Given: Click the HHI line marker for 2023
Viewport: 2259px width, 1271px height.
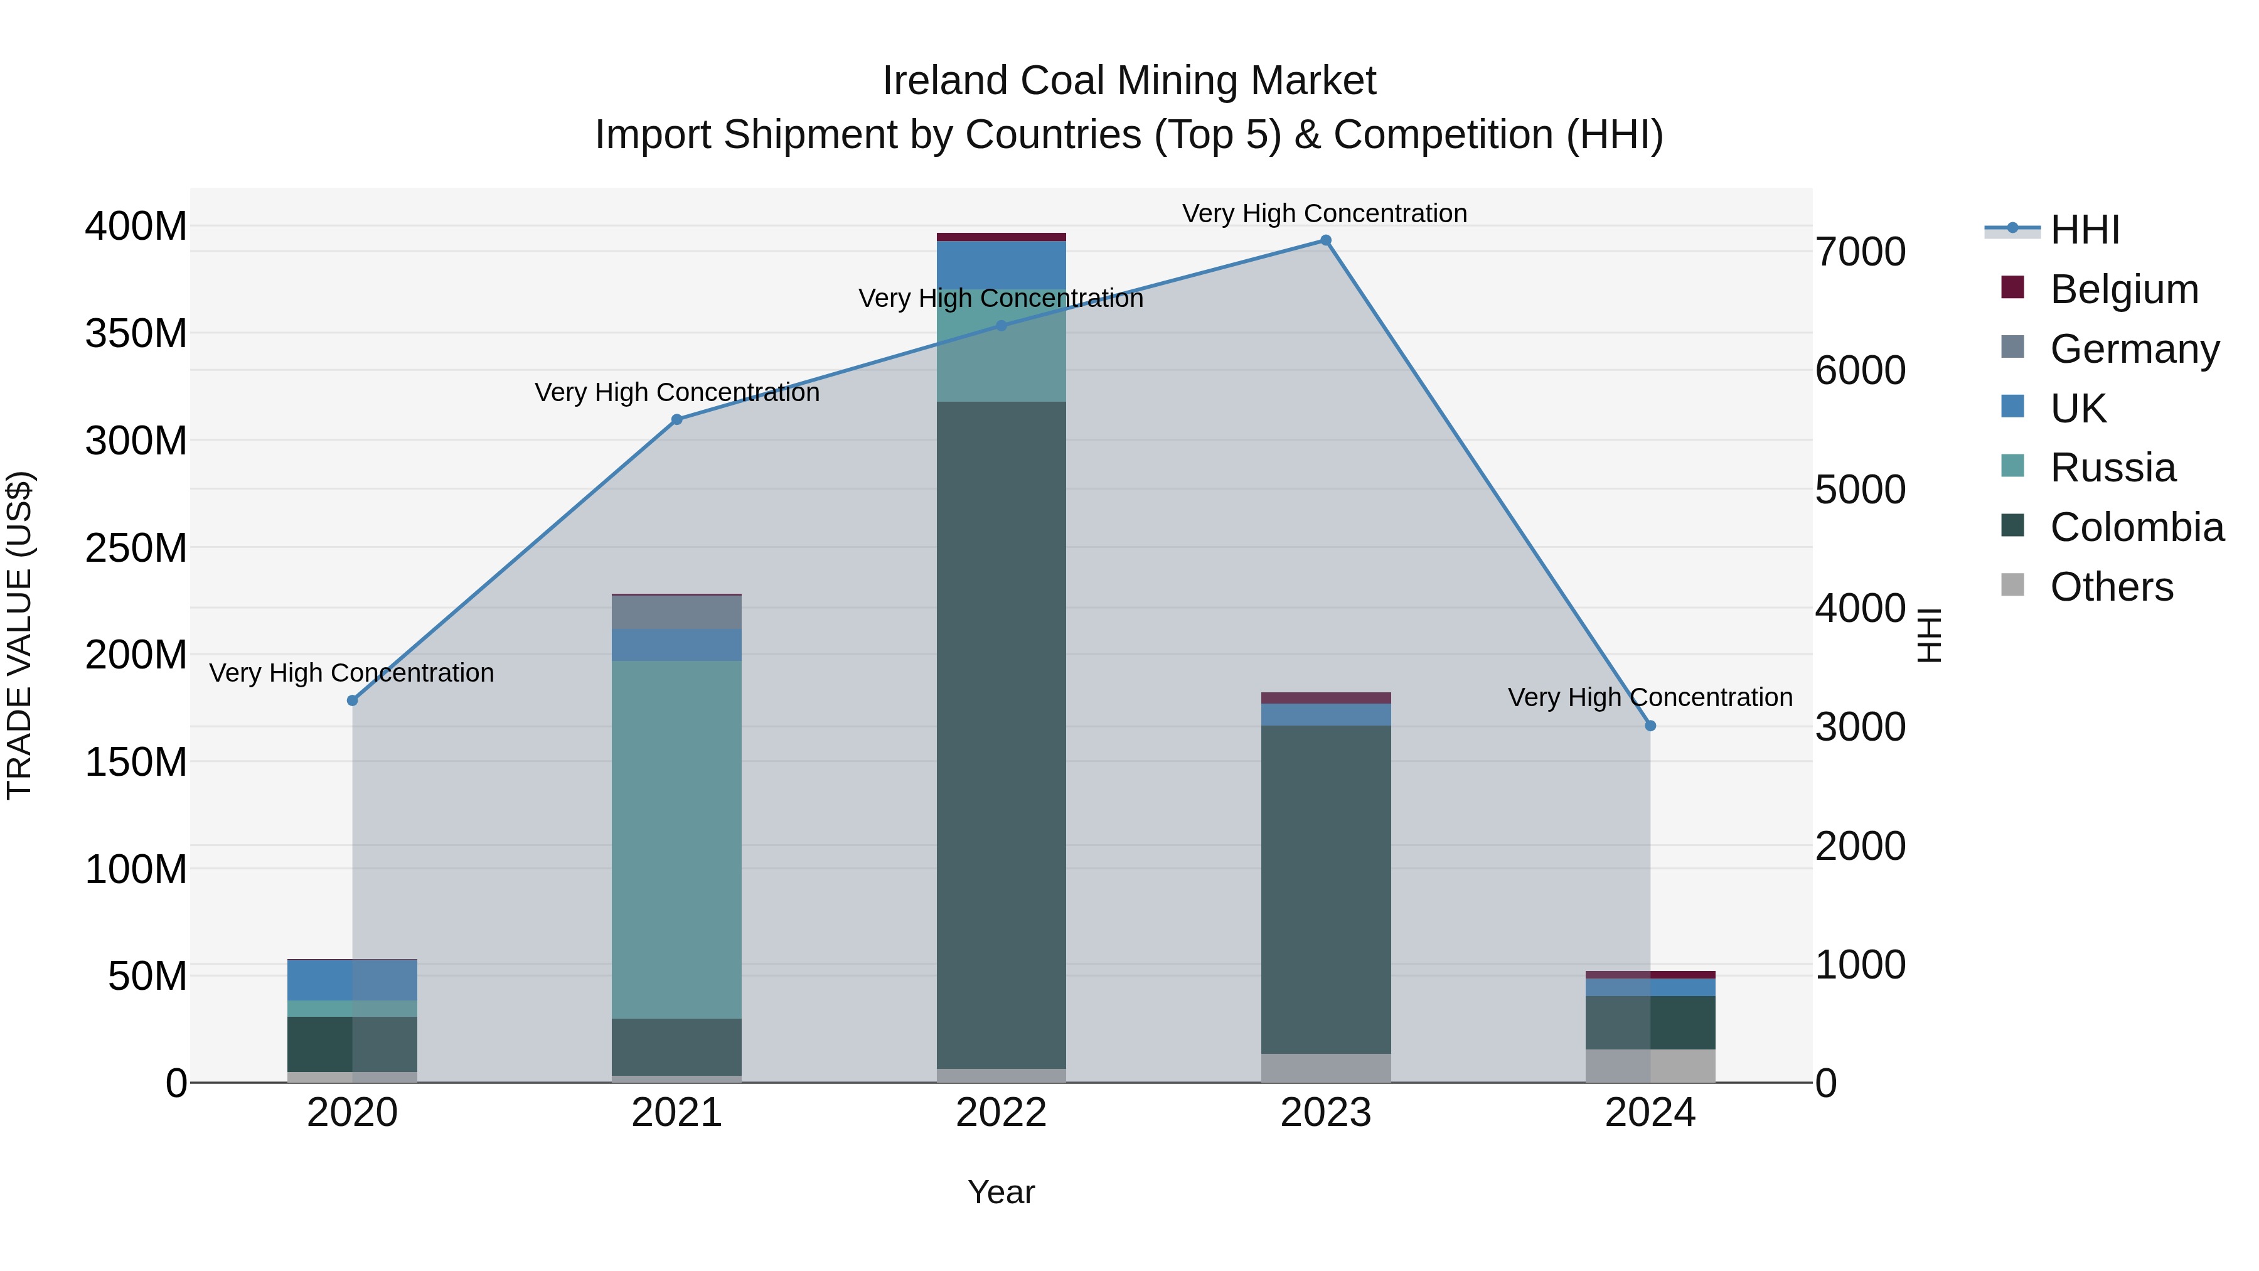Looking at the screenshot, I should (1325, 240).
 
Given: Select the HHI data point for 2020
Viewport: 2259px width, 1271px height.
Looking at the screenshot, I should (353, 700).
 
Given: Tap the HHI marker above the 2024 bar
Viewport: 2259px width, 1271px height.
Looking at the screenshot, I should (1650, 726).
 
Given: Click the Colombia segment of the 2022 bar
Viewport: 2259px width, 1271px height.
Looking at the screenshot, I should (1001, 734).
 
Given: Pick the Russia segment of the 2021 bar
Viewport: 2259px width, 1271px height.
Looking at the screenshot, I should (676, 839).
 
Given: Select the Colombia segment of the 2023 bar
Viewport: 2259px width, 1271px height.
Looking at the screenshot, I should (1325, 889).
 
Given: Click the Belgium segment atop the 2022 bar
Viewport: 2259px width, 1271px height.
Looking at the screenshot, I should (1001, 237).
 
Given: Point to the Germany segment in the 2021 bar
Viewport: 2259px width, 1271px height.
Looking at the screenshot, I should (676, 612).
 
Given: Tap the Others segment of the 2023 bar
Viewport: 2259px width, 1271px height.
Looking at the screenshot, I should (1325, 1068).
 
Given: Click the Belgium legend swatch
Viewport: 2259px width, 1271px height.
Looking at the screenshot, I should (2012, 287).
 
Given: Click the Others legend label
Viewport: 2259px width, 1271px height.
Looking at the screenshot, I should (2111, 587).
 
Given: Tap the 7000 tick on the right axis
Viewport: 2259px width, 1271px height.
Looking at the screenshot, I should (1860, 252).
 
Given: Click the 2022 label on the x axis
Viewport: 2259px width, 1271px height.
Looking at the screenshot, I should (1001, 1112).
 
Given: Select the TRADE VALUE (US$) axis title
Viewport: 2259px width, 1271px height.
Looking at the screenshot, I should (19, 635).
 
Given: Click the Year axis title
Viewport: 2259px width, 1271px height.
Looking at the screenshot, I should (1001, 1192).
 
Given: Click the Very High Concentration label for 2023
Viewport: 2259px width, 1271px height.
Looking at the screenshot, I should (1324, 213).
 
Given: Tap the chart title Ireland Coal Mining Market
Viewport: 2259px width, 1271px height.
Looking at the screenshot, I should (1129, 81).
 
